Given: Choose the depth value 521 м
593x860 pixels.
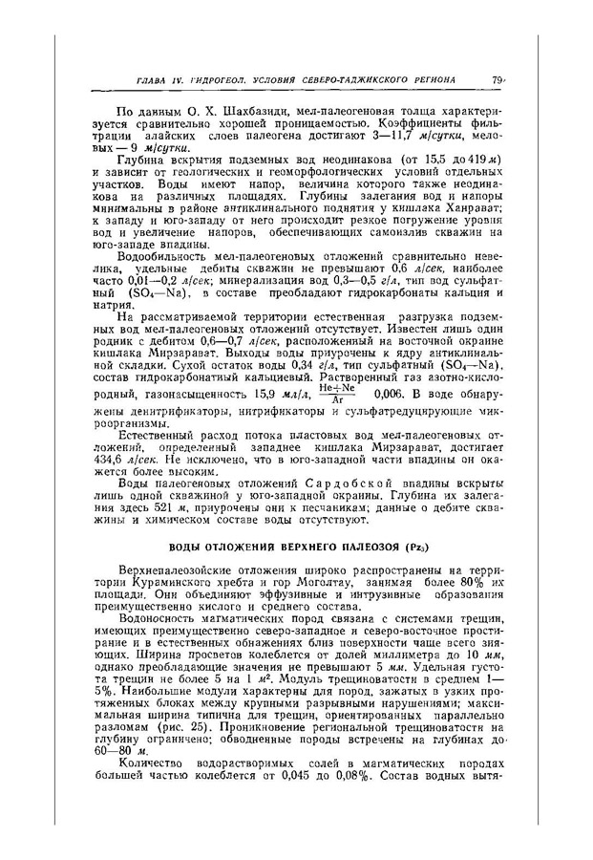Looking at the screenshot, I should tap(168, 540).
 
